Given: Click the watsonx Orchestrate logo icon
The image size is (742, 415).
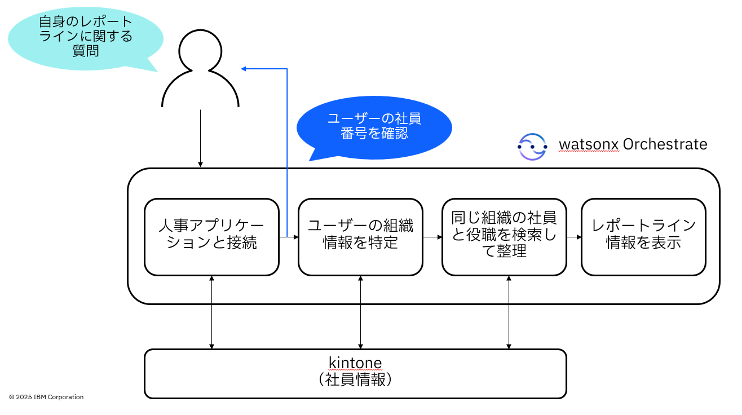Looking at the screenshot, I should pos(532,146).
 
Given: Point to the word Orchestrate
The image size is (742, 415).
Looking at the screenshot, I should pos(665,144).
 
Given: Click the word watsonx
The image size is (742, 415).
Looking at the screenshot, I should pos(588,145).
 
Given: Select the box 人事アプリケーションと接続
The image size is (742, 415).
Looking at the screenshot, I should pos(211,236).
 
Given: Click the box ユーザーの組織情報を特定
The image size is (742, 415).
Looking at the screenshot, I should pos(360,236).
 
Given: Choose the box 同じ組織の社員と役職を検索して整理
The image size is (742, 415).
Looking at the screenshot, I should pos(504,236).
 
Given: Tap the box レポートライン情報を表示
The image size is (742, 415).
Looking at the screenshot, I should pos(643,236).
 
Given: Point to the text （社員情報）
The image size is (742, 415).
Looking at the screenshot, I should pos(355,379).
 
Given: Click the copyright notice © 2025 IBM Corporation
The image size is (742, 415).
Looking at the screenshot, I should pos(46,397).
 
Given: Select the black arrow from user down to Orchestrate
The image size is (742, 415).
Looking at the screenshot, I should pos(200,138).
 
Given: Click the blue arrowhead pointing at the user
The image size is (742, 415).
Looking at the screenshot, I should pos(244,69).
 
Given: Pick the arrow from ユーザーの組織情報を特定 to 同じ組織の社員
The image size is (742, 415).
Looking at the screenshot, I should pos(432,237).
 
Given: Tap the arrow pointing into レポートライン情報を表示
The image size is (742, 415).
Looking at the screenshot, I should pos(574,237).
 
